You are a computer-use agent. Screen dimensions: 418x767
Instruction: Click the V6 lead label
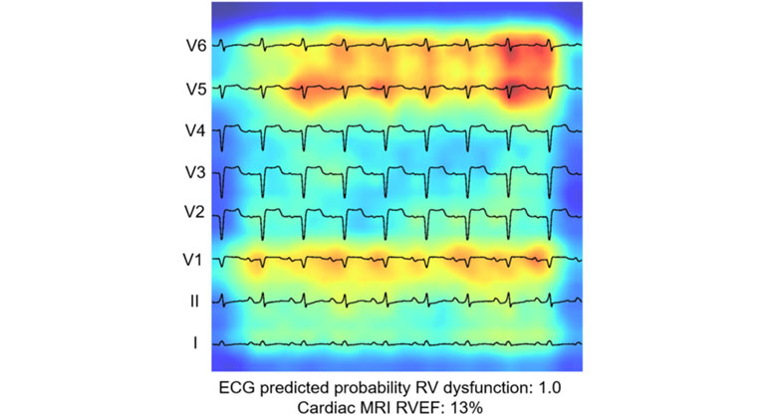click(194, 46)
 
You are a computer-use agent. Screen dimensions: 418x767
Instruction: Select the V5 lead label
click(194, 89)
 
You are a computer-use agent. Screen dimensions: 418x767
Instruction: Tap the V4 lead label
click(194, 131)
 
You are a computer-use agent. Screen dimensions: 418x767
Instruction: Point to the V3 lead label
click(194, 173)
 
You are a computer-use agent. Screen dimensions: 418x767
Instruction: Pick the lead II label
click(195, 301)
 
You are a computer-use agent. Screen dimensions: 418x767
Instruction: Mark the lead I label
click(195, 343)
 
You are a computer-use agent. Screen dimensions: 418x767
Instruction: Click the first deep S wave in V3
click(222, 194)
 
